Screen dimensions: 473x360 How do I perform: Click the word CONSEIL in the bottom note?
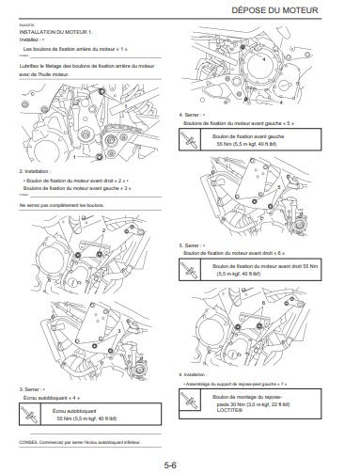[30, 441]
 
